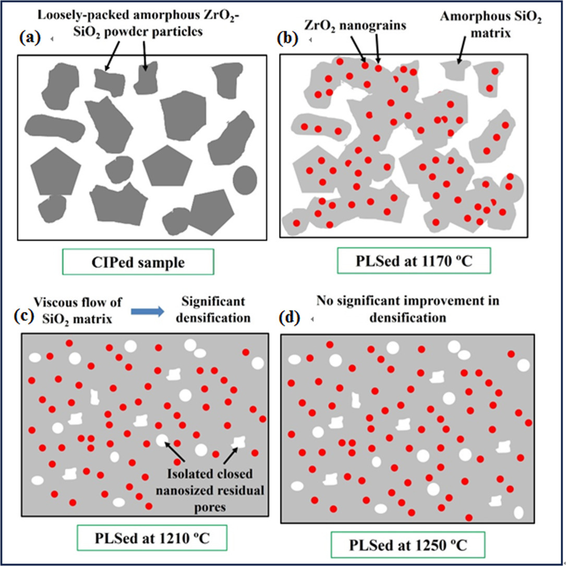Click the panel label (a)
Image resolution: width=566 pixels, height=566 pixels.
coord(30,38)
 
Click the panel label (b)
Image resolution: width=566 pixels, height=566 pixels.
coord(287,38)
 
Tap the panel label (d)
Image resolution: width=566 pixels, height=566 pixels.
coord(290,318)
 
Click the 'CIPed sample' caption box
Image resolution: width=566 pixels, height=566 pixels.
coord(138,262)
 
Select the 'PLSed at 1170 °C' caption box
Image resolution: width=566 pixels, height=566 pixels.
coord(414,261)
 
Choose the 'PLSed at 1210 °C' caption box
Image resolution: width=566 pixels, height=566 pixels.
coord(152,538)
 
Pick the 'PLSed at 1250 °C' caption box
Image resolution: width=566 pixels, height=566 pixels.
coord(408,545)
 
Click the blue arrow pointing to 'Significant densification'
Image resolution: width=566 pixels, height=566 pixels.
coord(147,311)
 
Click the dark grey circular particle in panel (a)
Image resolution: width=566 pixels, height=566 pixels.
coord(245,180)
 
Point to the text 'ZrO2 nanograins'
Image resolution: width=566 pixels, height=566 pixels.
coord(355,25)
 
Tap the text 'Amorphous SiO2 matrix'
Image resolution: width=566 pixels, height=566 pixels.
coord(490,25)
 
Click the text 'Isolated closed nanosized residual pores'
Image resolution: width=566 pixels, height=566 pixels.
coord(210,490)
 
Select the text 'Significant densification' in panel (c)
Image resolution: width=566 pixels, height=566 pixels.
coord(213,310)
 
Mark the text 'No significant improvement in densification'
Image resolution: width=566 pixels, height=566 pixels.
coord(408,309)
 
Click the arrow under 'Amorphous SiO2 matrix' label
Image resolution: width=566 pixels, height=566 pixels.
coord(461,51)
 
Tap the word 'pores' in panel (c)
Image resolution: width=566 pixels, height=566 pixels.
coord(210,508)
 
